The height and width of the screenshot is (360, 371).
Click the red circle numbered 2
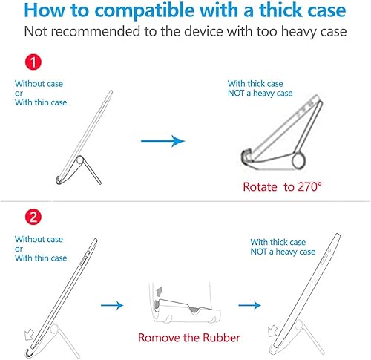coord(33,219)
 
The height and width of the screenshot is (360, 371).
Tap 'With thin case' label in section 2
coord(40,258)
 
